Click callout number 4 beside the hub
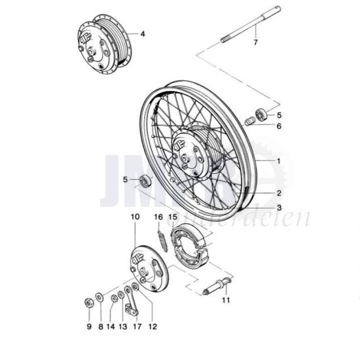(x=143, y=33)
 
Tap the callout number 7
(x=256, y=43)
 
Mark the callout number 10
(x=135, y=217)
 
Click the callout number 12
(x=153, y=327)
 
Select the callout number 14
(x=111, y=327)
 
